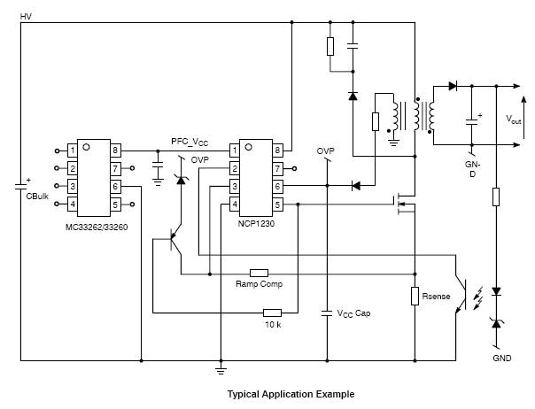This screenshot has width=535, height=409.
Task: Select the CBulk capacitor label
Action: (x=36, y=195)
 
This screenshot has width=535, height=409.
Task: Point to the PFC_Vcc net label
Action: (x=190, y=142)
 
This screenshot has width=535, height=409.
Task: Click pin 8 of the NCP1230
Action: (x=277, y=150)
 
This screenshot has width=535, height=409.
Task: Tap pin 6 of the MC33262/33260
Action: (x=115, y=187)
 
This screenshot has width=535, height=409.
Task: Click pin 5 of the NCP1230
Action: (x=277, y=205)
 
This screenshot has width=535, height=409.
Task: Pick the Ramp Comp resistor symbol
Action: (x=259, y=273)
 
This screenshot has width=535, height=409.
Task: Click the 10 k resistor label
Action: (x=273, y=324)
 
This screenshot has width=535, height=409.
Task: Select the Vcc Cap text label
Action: (x=353, y=313)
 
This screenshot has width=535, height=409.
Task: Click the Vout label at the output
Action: (x=513, y=118)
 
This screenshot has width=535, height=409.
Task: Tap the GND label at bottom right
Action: (x=502, y=359)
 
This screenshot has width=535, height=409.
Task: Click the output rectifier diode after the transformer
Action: (x=453, y=86)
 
